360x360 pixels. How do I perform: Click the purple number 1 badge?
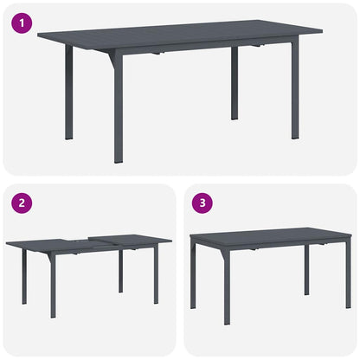tap(20, 22)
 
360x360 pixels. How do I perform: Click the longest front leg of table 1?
tap(119, 108)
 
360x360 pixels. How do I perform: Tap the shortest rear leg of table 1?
tap(235, 82)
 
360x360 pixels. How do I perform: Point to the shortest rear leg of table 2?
tap(120, 270)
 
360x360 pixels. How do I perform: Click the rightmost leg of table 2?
tap(156, 275)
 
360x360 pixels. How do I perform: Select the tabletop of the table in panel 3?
tap(268, 235)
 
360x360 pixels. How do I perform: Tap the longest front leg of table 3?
tap(226, 286)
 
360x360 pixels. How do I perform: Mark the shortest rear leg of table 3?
tap(306, 270)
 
